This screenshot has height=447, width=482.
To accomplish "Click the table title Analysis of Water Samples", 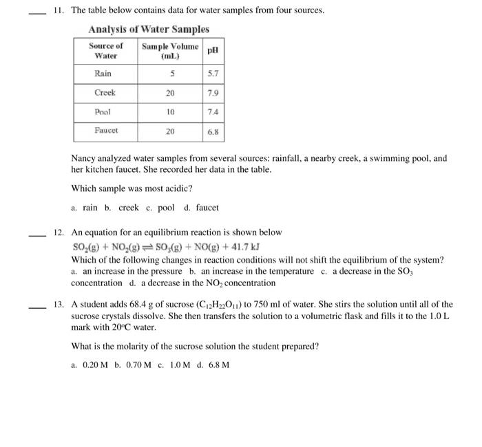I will tap(149, 30).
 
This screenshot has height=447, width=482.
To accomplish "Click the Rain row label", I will tap(103, 74).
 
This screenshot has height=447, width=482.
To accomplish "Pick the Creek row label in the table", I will tap(105, 92).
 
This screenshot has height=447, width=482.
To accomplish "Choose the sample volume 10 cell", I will tap(170, 111).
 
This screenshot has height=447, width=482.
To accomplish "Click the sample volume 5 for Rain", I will tap(170, 74).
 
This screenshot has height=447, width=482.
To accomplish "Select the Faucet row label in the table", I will tap(106, 130).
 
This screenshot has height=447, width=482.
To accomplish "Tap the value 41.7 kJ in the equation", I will tap(243, 247).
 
